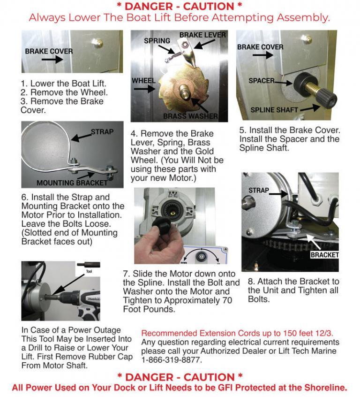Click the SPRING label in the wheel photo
157,41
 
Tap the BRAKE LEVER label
202,35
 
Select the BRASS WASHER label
190,116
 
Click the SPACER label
261,81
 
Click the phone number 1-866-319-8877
172,360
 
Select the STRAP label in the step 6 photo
102,132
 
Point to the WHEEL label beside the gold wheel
143,80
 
